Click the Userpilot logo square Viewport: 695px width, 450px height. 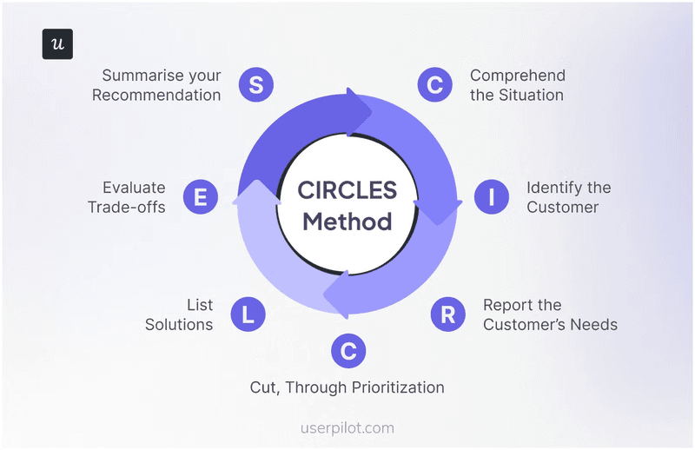point(57,44)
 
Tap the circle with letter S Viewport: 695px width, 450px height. point(256,84)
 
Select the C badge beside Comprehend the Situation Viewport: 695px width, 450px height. point(434,84)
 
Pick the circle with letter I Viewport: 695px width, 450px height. point(492,197)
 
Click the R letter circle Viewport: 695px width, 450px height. point(447,314)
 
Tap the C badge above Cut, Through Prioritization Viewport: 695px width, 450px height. point(348,351)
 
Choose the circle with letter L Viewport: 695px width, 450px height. point(248,314)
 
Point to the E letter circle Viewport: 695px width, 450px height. point(201,197)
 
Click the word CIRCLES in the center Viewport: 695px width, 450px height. point(347,189)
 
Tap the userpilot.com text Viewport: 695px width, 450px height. point(347,427)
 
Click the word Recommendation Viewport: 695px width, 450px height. point(156,95)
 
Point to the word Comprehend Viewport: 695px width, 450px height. point(518,75)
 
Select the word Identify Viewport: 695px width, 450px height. point(557,188)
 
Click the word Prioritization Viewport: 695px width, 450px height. point(391,387)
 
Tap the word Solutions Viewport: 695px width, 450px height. point(179,325)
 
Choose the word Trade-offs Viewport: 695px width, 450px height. point(127,208)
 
